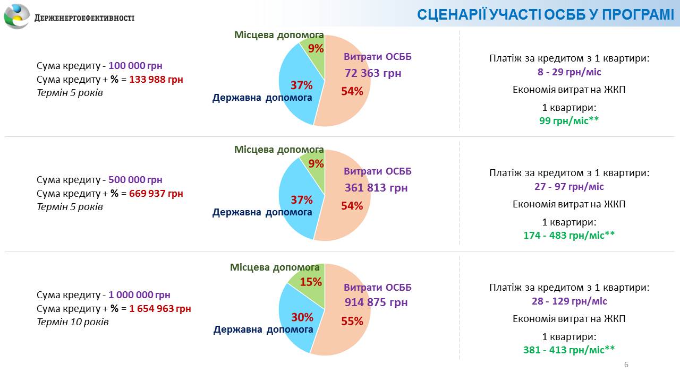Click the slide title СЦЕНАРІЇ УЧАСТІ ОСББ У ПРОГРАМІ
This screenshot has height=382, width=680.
pyautogui.click(x=545, y=14)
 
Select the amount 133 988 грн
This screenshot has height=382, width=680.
pyautogui.click(x=156, y=80)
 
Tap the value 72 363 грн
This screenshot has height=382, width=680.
pyautogui.click(x=373, y=73)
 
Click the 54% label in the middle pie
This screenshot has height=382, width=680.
pyautogui.click(x=352, y=206)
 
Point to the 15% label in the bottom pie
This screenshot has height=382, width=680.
pyautogui.click(x=311, y=282)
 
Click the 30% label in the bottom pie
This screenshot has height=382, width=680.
pyautogui.click(x=302, y=317)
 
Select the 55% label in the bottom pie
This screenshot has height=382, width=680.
pyautogui.click(x=352, y=321)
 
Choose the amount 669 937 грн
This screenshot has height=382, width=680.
pyautogui.click(x=156, y=194)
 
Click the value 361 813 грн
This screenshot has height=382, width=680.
pyautogui.click(x=376, y=188)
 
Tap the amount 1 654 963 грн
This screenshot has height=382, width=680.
pyautogui.click(x=160, y=309)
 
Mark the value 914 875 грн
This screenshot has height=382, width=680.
pyautogui.click(x=376, y=302)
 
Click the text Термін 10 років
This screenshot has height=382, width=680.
pyautogui.click(x=72, y=322)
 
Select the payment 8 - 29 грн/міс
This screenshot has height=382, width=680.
pyautogui.click(x=569, y=72)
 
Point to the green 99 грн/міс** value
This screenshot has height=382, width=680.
pyautogui.click(x=569, y=120)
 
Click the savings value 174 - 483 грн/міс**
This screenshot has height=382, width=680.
pyautogui.click(x=569, y=235)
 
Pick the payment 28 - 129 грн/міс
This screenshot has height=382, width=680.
pyautogui.click(x=569, y=301)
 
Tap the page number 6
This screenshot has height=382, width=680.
pyautogui.click(x=626, y=364)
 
